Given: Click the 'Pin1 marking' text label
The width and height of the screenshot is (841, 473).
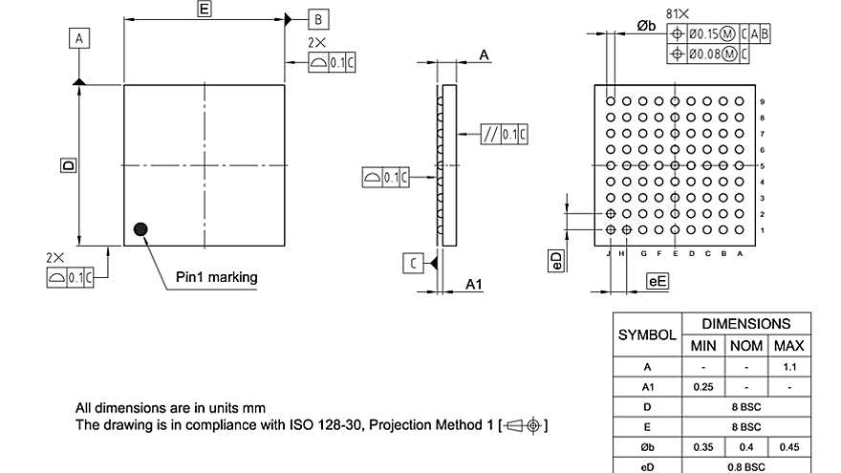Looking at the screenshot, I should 217,278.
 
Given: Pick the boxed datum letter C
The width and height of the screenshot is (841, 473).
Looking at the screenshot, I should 412,263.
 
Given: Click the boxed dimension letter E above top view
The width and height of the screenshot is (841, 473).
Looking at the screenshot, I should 204,9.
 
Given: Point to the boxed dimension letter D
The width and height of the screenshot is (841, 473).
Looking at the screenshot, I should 68,165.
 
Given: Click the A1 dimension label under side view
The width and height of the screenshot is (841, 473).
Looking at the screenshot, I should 475,284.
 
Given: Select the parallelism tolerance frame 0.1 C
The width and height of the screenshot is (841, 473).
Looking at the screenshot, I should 506,134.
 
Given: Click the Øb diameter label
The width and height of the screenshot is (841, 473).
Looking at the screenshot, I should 647,26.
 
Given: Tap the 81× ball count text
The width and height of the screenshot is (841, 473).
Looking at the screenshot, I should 678,12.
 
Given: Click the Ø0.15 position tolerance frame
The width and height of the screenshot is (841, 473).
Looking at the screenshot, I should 718,33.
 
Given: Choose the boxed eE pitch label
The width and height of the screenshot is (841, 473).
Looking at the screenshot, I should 658,281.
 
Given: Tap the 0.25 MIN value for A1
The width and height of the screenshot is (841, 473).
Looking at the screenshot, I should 702,387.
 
